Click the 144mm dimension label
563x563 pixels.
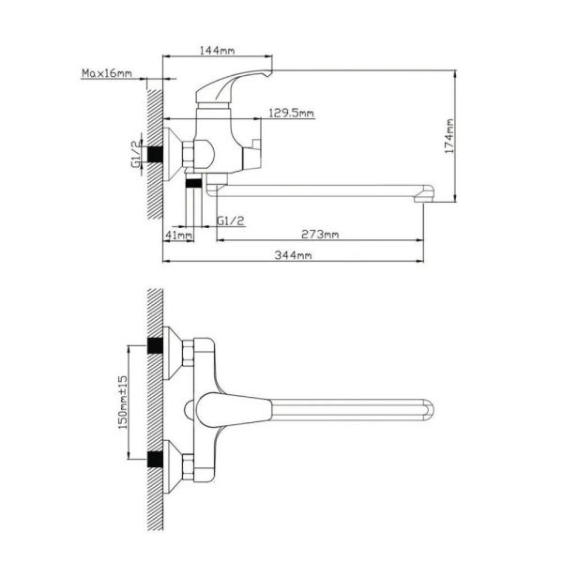(x=217, y=51)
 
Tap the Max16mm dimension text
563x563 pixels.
(x=107, y=73)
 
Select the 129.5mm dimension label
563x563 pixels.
(x=291, y=114)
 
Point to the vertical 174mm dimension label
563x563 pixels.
(x=449, y=136)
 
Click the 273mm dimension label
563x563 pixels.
(x=320, y=235)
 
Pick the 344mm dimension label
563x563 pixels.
(x=293, y=255)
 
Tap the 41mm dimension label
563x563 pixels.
(x=178, y=236)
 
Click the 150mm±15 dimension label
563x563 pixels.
(x=123, y=403)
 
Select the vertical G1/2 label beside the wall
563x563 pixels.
(x=136, y=154)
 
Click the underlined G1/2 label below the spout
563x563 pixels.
(x=231, y=221)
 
